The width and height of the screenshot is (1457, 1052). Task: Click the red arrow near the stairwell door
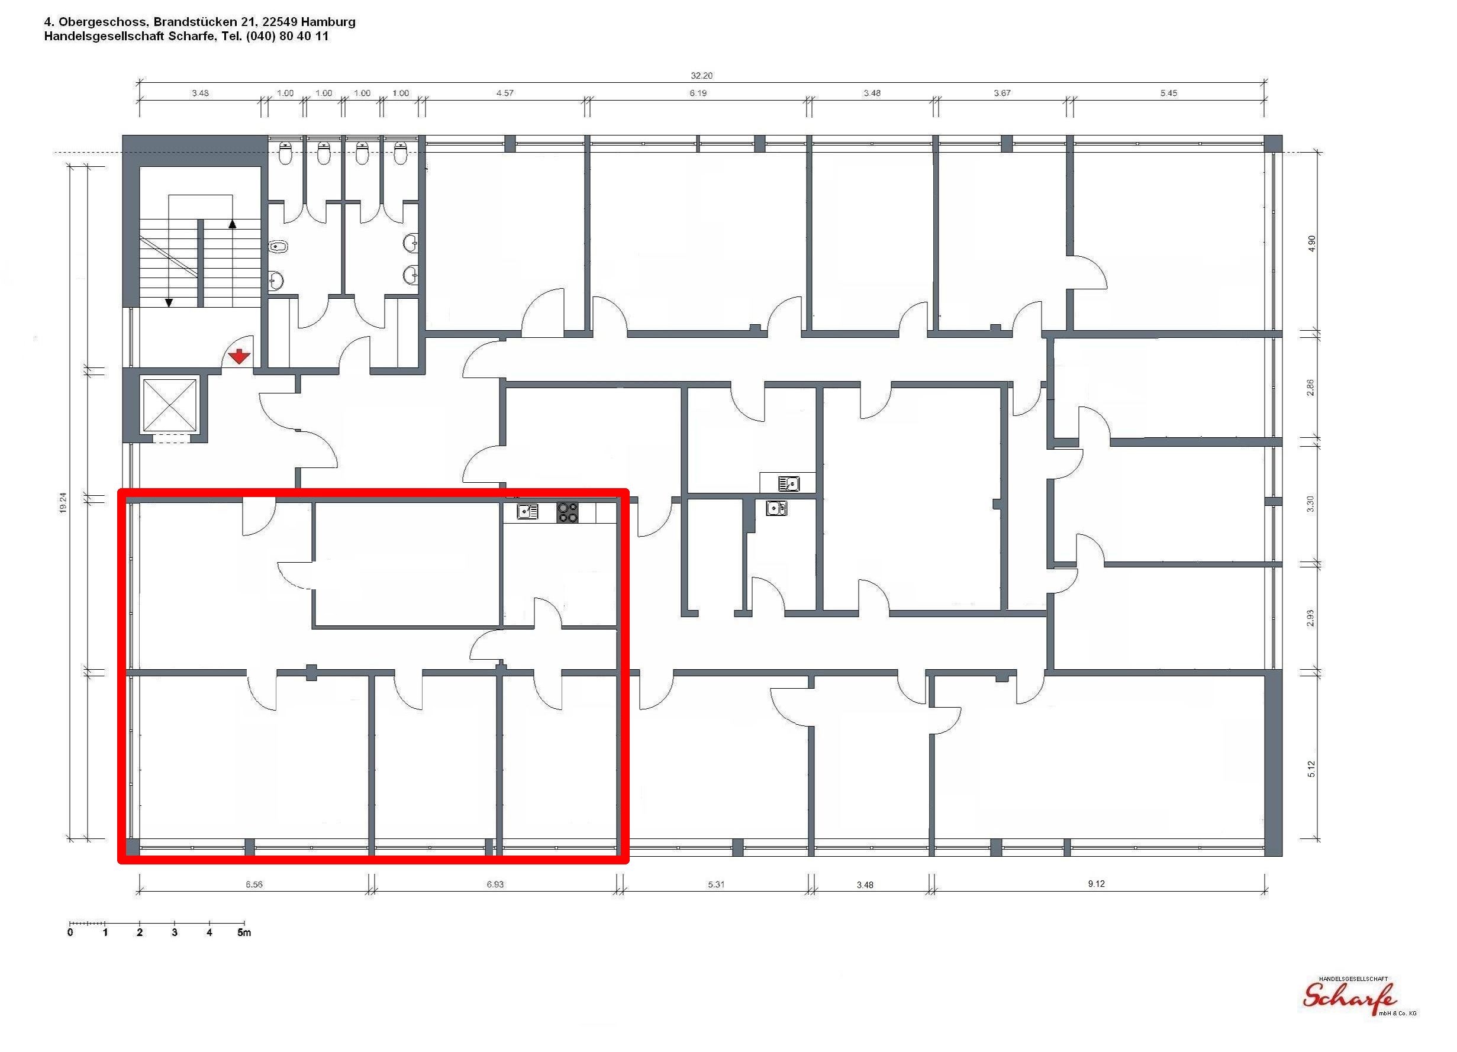pos(239,356)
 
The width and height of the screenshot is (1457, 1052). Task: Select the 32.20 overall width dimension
pos(701,76)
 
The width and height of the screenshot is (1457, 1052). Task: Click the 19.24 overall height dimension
pos(63,503)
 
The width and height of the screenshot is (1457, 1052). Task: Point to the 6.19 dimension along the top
pos(698,93)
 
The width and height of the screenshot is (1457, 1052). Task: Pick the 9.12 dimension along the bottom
pos(1096,884)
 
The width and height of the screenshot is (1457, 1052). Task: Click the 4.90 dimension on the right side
pos(1312,243)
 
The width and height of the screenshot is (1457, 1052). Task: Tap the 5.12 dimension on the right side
pos(1311,769)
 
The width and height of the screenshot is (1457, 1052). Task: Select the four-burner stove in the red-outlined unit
pos(568,512)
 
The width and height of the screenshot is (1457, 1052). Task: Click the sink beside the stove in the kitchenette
pos(527,512)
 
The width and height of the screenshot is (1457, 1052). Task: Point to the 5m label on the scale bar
pos(244,932)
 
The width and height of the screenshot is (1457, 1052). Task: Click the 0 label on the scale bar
pos(70,932)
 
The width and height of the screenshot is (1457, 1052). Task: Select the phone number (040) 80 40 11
pos(287,37)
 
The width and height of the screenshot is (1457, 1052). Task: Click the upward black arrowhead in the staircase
pos(233,224)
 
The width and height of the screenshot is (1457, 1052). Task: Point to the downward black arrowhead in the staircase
pos(169,302)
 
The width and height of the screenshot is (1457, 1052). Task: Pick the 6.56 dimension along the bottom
pos(254,885)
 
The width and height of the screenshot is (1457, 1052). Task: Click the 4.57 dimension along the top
pos(505,93)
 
